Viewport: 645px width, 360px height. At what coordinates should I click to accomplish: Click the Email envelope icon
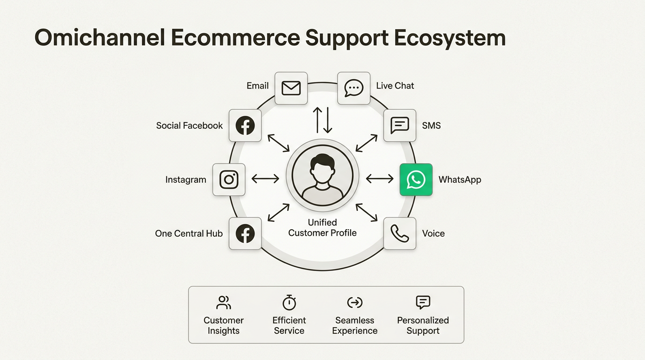291,88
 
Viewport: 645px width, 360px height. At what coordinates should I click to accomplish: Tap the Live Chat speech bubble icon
354,88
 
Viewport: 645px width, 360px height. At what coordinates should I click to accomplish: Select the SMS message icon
400,126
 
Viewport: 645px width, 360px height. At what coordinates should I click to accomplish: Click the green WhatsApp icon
416,180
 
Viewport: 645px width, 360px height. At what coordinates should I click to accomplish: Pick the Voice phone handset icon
400,233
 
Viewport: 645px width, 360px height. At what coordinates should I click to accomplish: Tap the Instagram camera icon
229,180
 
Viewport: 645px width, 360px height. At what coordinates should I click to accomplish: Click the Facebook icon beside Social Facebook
245,126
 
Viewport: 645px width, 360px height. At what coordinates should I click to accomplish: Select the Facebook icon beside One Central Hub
245,233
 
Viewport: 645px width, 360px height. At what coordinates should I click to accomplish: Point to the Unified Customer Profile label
322,228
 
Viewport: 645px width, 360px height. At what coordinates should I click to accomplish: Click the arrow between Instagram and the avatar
265,179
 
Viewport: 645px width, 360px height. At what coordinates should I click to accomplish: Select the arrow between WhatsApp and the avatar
380,179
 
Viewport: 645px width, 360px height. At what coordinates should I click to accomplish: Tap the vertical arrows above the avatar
322,120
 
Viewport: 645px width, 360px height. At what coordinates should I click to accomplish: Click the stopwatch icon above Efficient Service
289,302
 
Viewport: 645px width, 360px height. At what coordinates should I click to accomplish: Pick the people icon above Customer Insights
224,302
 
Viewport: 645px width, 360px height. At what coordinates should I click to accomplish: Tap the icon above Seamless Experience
355,302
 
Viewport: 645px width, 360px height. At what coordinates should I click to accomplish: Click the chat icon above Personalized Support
423,302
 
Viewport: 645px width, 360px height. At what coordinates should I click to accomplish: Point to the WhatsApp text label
460,180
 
